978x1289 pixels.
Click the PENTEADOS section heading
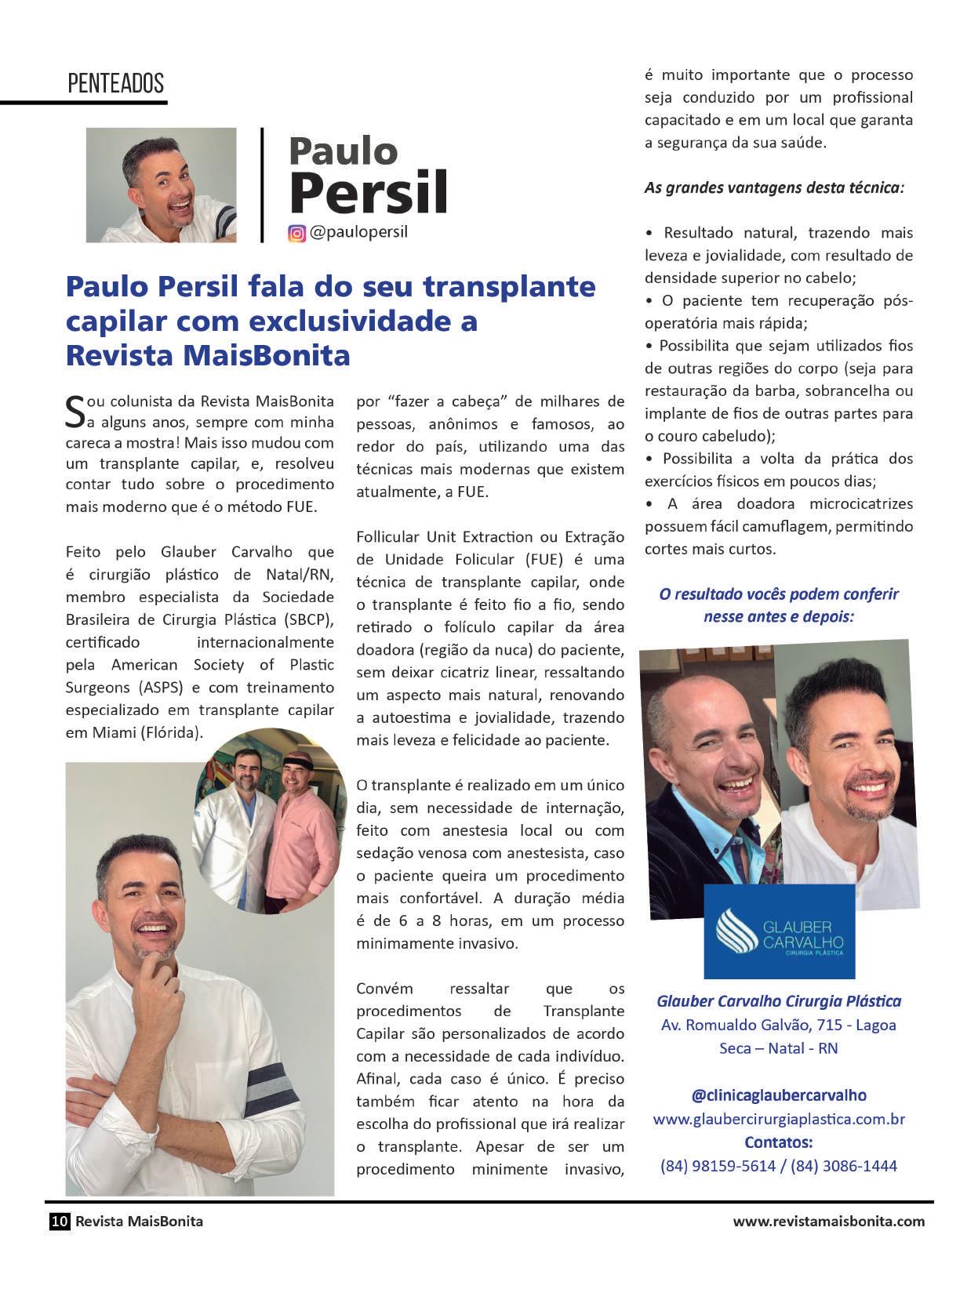pyautogui.click(x=115, y=83)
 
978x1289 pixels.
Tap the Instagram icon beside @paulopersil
pyautogui.click(x=296, y=233)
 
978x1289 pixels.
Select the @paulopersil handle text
pyautogui.click(x=358, y=232)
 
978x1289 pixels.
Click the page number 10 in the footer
pyautogui.click(x=60, y=1221)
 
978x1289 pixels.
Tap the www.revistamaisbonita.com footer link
pyautogui.click(x=828, y=1221)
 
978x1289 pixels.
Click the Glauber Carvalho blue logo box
pyautogui.click(x=779, y=931)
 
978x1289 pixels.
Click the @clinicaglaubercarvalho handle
pyautogui.click(x=779, y=1095)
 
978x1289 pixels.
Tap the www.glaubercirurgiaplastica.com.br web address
pyautogui.click(x=779, y=1119)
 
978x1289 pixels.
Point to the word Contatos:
pyautogui.click(x=779, y=1142)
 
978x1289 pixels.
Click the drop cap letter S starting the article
pyautogui.click(x=74, y=412)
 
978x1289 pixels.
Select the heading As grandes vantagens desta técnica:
pyautogui.click(x=774, y=188)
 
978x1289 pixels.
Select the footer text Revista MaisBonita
pyautogui.click(x=139, y=1221)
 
